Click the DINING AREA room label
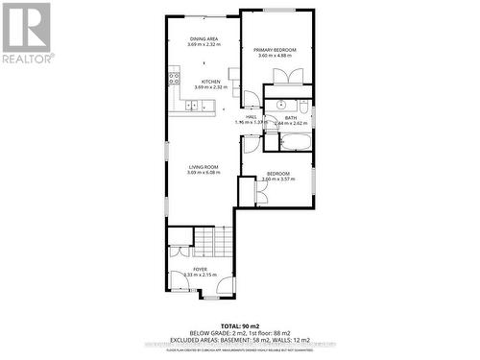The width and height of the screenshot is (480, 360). point(204,38)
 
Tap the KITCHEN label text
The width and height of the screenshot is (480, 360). point(211,82)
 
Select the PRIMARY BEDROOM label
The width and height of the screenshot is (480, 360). point(276,49)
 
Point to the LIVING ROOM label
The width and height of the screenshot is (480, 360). point(204,166)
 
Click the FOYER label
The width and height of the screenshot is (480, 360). point(200,269)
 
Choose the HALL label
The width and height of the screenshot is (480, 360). point(250,116)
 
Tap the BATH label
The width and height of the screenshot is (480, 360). point(290,117)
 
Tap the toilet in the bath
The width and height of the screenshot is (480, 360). point(302,106)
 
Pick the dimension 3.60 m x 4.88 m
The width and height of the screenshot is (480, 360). point(276,56)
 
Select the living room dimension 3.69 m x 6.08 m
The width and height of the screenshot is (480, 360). point(204,173)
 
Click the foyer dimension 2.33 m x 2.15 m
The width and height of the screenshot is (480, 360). point(200,276)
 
